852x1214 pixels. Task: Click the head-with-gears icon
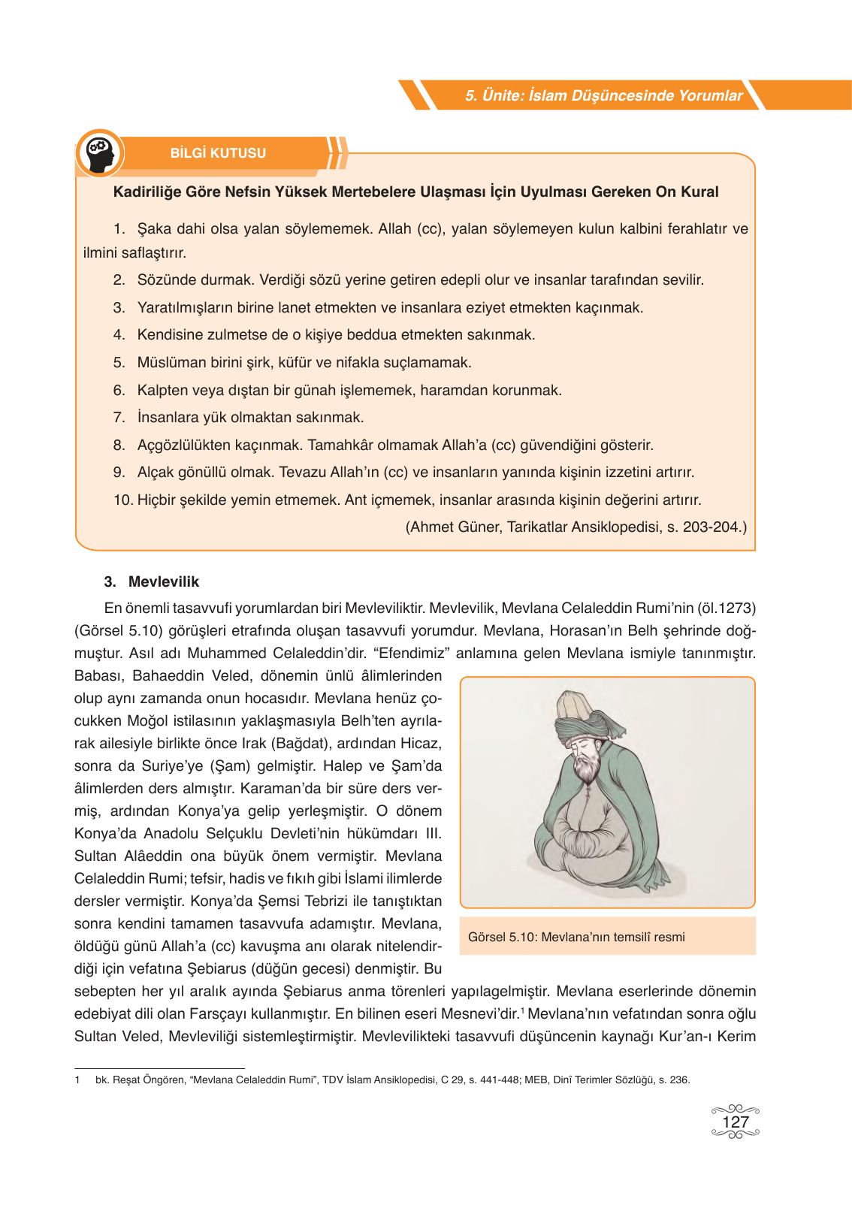coord(99,153)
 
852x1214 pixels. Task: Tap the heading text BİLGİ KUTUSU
coord(218,153)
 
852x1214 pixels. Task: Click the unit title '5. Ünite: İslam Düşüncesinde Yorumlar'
coord(603,95)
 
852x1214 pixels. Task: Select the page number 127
coord(735,1122)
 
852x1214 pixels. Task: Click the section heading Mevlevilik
coord(164,581)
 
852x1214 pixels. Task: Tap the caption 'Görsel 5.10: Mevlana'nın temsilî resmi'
coord(576,937)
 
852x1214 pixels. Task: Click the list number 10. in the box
coord(122,500)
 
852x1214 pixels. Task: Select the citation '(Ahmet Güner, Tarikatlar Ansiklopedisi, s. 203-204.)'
coord(576,527)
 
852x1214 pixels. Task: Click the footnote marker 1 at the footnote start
coord(77,1080)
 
